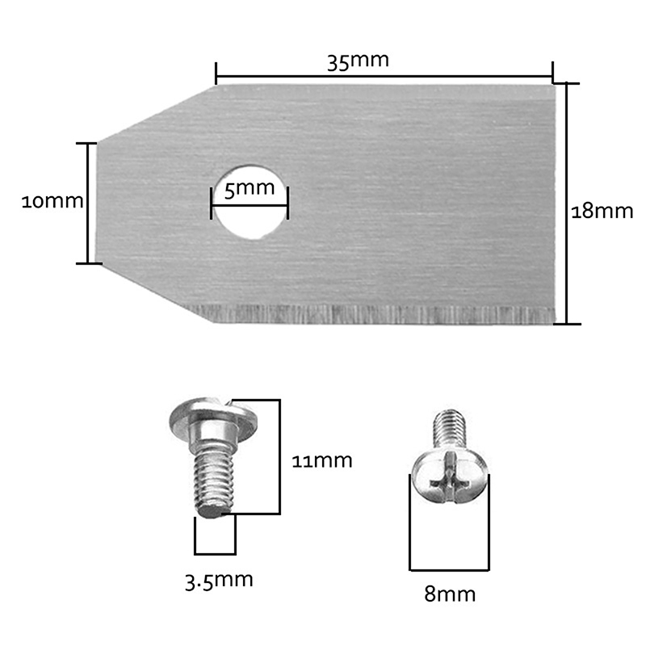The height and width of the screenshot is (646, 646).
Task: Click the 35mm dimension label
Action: (x=358, y=61)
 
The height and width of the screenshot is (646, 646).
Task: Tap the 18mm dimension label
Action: (x=602, y=212)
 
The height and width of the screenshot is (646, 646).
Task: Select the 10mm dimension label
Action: (x=52, y=201)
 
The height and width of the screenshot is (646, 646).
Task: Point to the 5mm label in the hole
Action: (x=250, y=189)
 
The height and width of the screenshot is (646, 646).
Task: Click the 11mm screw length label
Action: (x=321, y=460)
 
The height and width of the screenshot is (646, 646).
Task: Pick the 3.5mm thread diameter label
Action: (x=219, y=581)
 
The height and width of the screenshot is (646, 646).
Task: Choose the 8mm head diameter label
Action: (x=450, y=594)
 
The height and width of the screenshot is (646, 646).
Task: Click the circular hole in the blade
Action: (x=250, y=203)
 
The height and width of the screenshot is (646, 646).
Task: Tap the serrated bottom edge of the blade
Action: (x=371, y=314)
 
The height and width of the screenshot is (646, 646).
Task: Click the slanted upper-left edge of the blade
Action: (x=157, y=113)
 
